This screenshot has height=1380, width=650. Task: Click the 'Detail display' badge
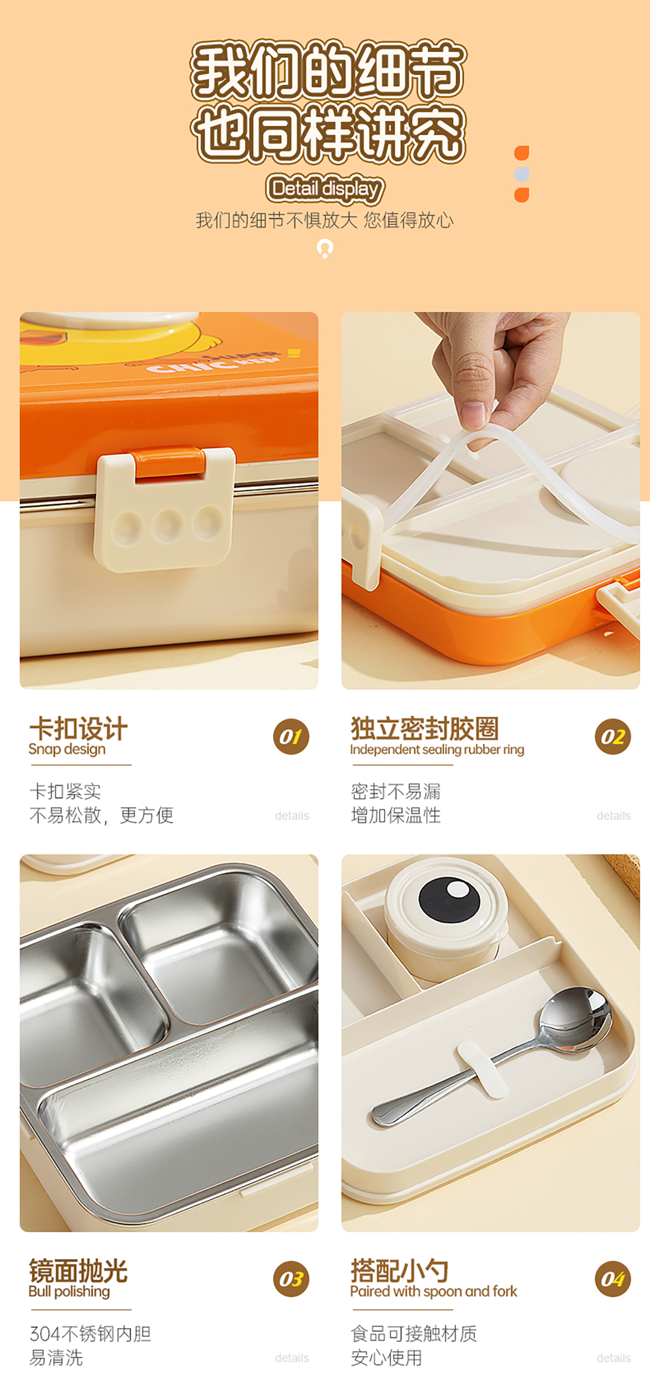[x=325, y=189]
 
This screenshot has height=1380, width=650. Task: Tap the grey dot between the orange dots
[x=522, y=174]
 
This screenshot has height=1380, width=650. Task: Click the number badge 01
[x=291, y=737]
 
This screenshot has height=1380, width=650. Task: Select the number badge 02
[x=613, y=737]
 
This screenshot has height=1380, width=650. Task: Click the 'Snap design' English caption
[x=67, y=749]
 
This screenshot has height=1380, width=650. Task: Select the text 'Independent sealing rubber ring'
[x=437, y=749]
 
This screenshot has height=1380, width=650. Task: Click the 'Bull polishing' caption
[x=69, y=1292]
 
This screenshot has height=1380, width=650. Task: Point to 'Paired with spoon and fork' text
[x=433, y=1292]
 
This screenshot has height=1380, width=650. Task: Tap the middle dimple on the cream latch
[x=167, y=524]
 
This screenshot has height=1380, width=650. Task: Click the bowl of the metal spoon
[x=575, y=1018]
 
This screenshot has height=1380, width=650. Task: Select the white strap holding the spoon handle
[x=482, y=1069]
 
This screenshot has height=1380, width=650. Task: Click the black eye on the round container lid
[x=449, y=900]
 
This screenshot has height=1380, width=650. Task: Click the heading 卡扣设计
[x=79, y=728]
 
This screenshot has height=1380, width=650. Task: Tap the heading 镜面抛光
[x=79, y=1270]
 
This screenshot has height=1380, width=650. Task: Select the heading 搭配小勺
[x=400, y=1270]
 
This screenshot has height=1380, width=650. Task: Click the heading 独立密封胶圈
[x=425, y=728]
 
